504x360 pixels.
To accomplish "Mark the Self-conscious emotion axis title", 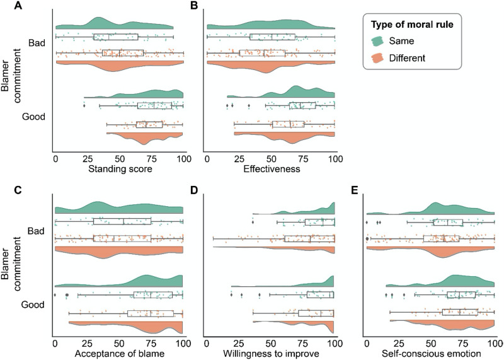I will [x=430, y=354].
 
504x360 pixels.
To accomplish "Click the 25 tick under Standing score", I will [x=87, y=158].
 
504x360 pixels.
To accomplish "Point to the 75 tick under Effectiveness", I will [x=304, y=158].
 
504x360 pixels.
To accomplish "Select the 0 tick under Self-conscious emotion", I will [x=367, y=344].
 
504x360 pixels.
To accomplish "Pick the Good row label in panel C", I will [x=33, y=305].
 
